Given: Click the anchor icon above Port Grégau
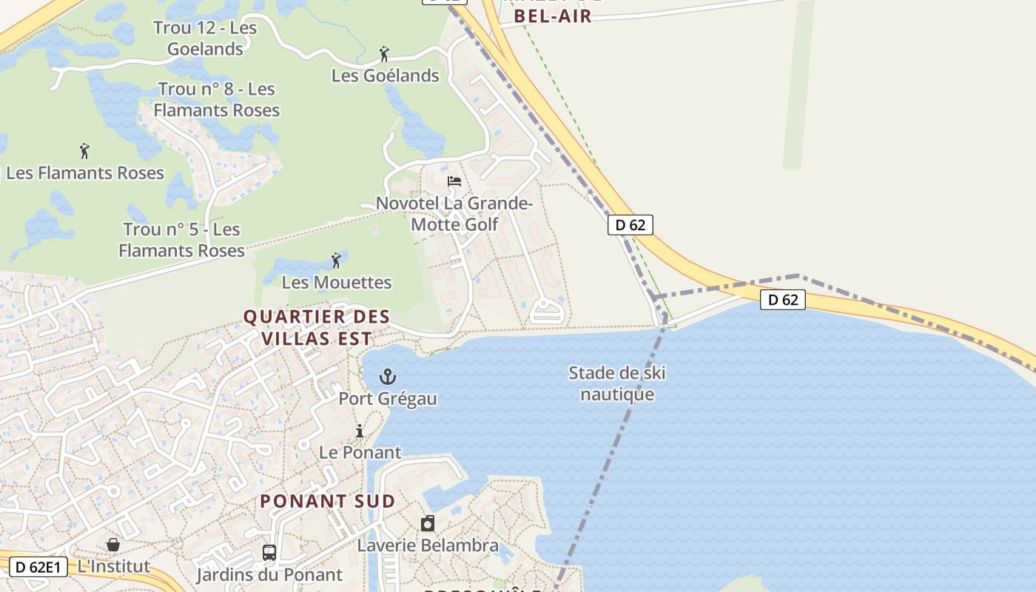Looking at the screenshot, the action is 388,377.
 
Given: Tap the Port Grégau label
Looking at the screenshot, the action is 388,399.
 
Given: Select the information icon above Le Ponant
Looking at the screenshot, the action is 360,431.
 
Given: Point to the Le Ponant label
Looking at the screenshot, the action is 360,452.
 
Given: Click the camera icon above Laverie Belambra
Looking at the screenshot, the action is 428,524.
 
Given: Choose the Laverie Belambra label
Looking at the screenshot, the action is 428,545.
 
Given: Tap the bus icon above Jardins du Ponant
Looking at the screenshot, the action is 269,553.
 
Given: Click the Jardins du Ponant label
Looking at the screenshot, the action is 269,575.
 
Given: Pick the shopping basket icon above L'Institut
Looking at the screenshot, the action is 113,545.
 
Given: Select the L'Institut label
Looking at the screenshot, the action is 114,567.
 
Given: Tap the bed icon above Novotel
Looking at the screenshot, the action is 454,181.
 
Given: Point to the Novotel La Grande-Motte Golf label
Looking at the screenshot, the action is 454,213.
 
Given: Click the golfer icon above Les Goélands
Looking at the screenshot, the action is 384,54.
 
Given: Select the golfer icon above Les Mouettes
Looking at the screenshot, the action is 337,260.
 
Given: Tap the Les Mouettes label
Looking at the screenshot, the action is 337,282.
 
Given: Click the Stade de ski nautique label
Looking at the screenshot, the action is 617,383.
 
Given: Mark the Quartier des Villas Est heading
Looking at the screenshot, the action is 317,327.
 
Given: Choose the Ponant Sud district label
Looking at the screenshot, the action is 328,501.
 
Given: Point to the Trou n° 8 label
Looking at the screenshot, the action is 216,99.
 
